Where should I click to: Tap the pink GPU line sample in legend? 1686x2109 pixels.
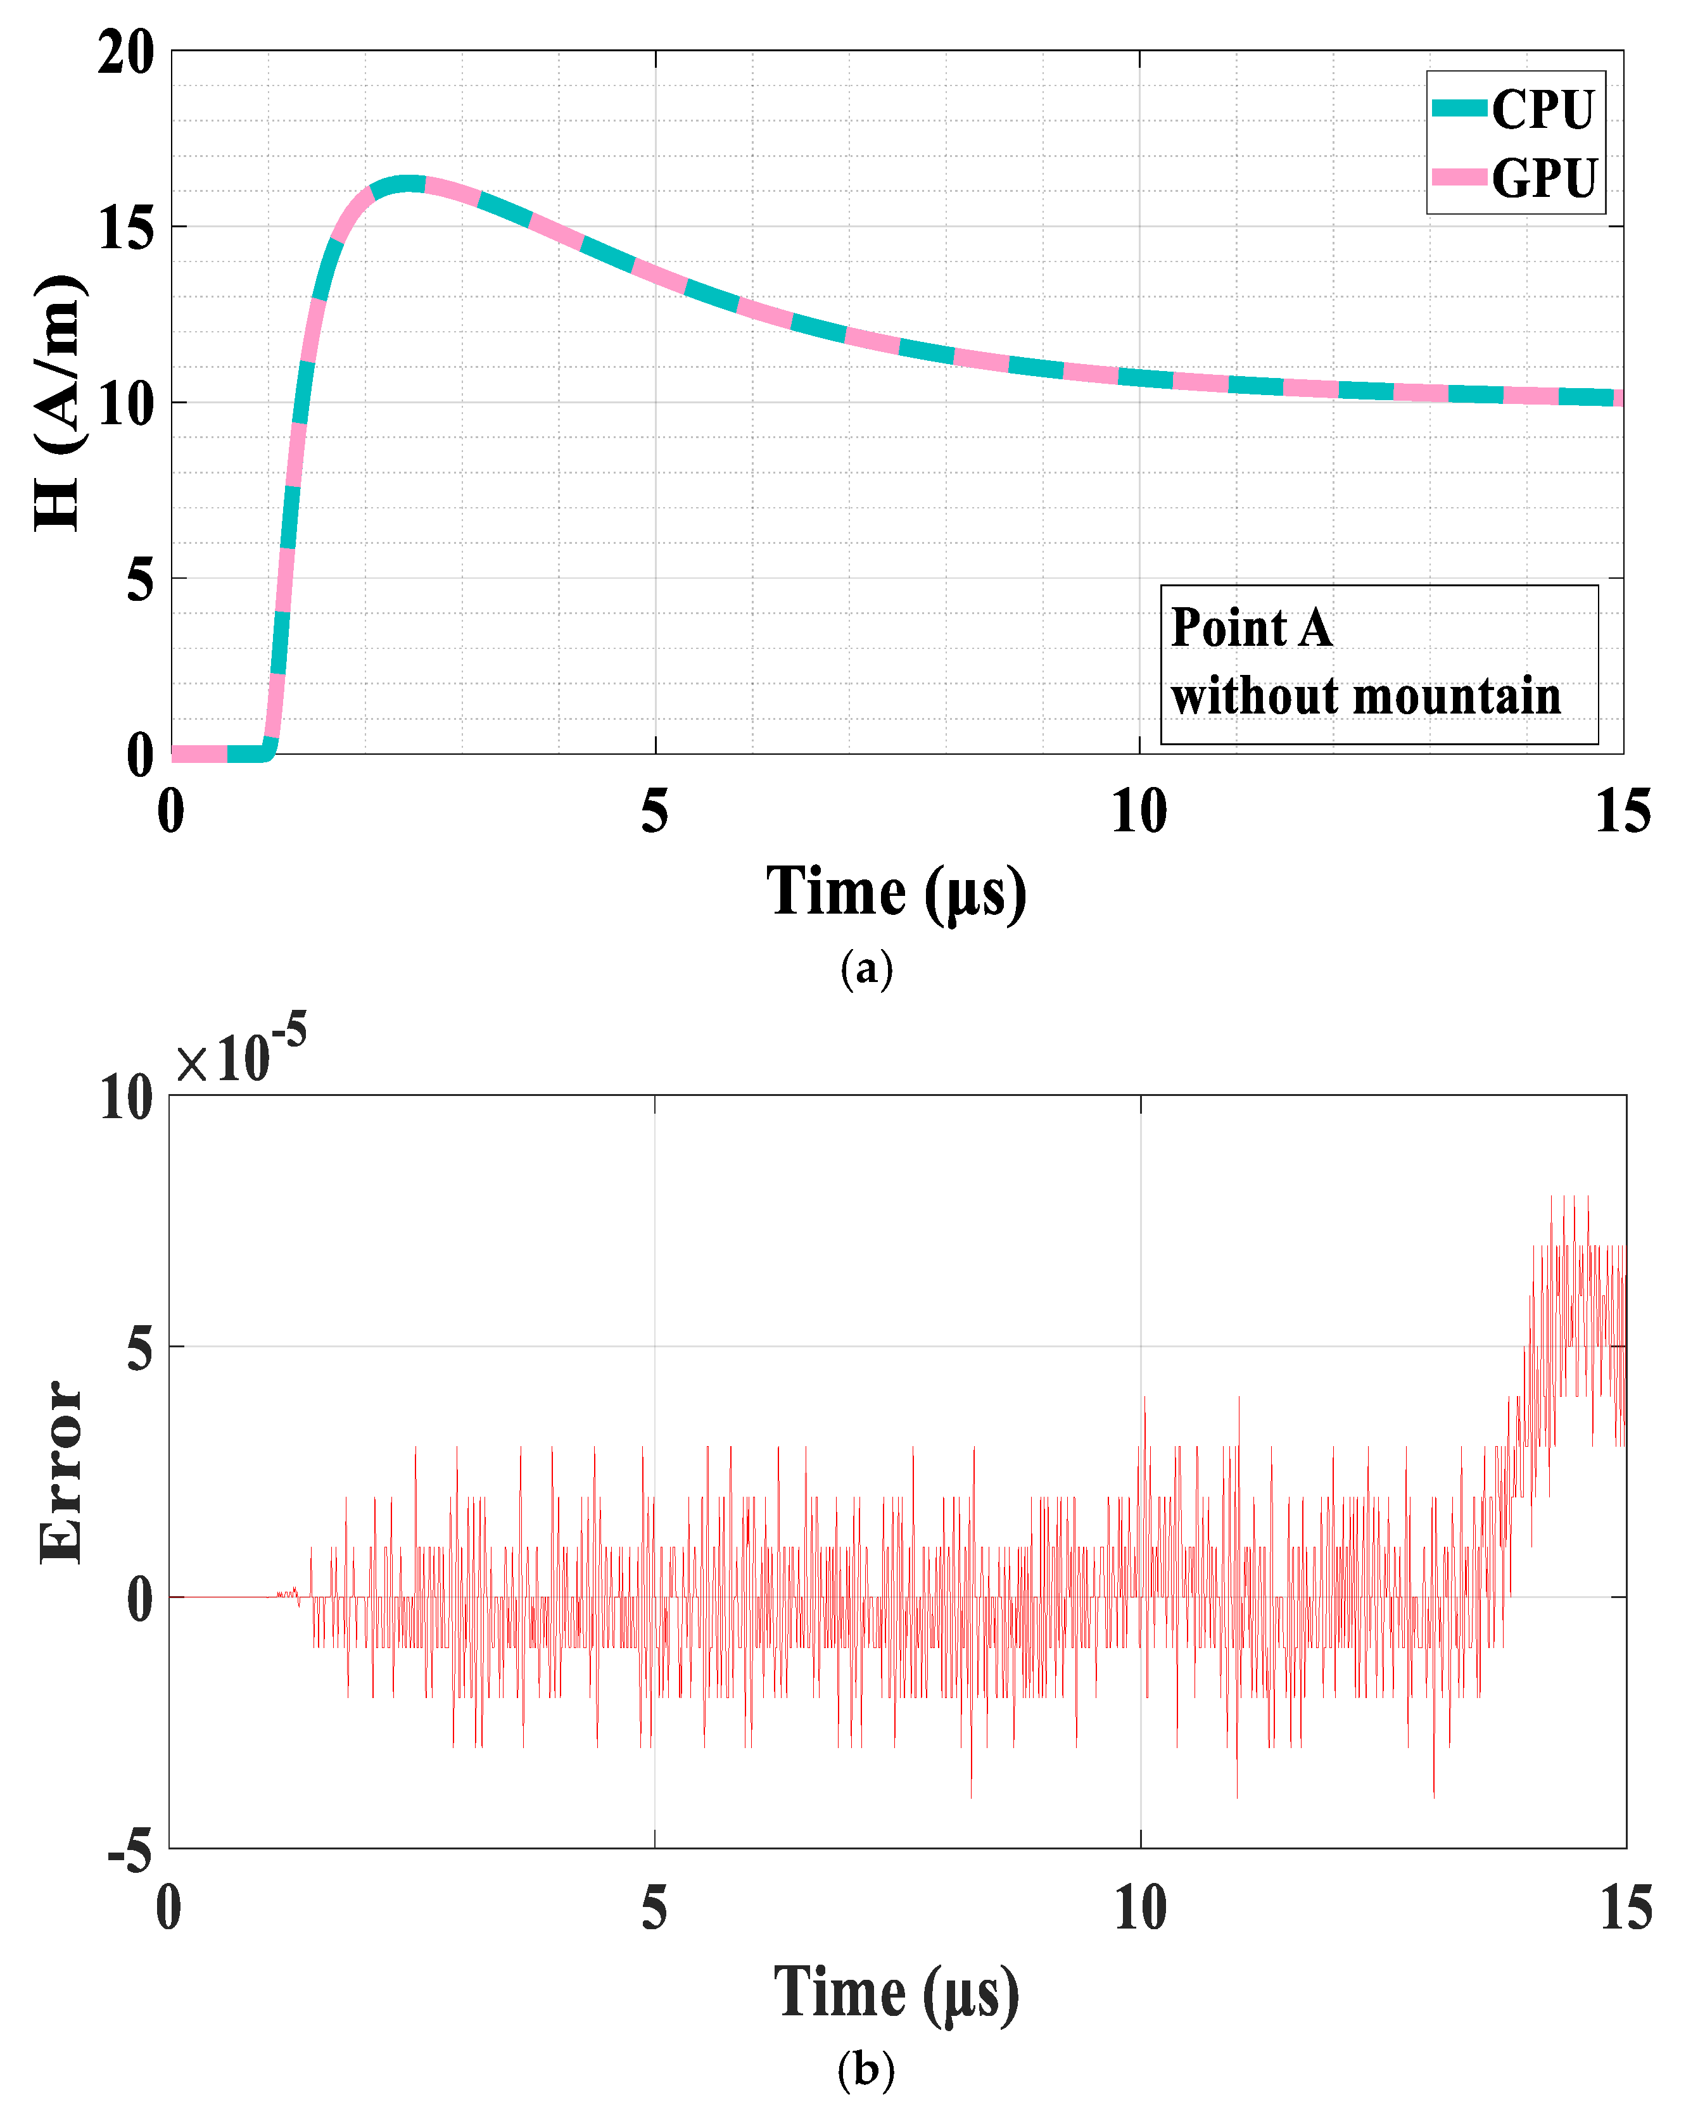(1459, 177)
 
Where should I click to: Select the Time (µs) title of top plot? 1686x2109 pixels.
(896, 892)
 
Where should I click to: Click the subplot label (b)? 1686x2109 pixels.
(866, 2069)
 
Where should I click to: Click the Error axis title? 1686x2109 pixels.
(61, 1471)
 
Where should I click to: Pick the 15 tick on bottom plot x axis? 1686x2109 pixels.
(1625, 1908)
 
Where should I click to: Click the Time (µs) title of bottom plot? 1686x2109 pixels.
(896, 1993)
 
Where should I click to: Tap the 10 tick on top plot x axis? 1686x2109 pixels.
(1139, 812)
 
